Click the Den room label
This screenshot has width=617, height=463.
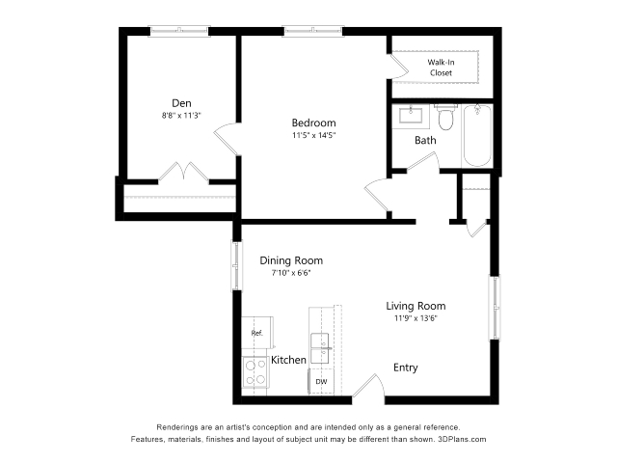181,103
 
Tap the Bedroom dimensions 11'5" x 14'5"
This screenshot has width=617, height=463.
313,135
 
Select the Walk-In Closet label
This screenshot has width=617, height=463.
441,68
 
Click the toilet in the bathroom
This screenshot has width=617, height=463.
445,118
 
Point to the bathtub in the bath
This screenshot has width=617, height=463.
477,135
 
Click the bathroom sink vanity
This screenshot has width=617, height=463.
411,117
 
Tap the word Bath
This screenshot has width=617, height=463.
425,140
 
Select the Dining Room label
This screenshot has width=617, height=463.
291,260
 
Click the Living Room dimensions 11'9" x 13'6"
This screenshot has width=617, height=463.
416,318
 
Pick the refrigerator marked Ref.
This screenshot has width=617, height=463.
257,333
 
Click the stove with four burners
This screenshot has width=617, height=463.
255,372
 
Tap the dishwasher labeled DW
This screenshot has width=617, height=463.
321,382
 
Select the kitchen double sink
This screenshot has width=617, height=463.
320,348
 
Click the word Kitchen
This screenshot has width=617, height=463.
288,360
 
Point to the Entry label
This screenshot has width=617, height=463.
406,368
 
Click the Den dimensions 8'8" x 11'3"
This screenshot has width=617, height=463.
181,116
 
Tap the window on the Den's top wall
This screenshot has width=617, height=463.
179,31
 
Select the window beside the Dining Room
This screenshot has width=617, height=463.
236,266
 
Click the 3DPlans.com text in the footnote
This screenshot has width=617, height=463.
462,440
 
